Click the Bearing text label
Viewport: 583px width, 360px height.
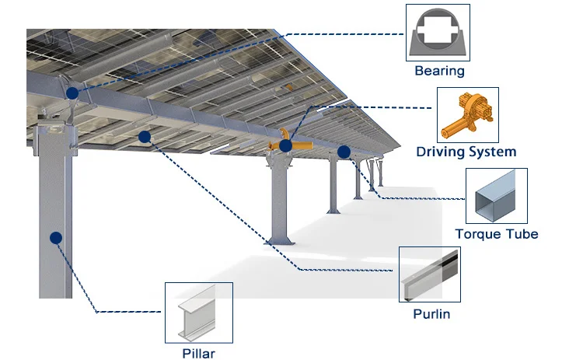pyautogui.click(x=439, y=72)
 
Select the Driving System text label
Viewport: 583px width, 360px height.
pyautogui.click(x=466, y=152)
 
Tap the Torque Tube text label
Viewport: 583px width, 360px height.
pyautogui.click(x=497, y=234)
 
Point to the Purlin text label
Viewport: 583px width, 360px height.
pyautogui.click(x=431, y=314)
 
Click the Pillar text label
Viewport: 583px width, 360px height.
pyautogui.click(x=198, y=354)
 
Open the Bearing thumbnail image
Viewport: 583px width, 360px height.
pyautogui.click(x=438, y=33)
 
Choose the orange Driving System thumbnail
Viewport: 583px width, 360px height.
pyautogui.click(x=467, y=114)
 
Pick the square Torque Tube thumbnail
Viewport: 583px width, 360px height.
pyautogui.click(x=496, y=196)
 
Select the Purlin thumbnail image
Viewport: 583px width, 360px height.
pyautogui.click(x=430, y=275)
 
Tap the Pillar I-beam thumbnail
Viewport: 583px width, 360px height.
pyautogui.click(x=198, y=313)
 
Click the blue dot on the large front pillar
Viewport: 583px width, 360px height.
pyautogui.click(x=55, y=239)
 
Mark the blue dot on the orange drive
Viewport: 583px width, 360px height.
pyautogui.click(x=286, y=145)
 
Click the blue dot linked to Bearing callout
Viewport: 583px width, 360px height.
pyautogui.click(x=72, y=93)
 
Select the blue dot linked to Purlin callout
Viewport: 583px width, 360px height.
pyautogui.click(x=144, y=137)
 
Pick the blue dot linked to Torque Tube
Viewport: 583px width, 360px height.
pyautogui.click(x=344, y=152)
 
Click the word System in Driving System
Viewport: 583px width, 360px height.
pyautogui.click(x=492, y=152)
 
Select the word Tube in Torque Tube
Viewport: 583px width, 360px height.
pyautogui.click(x=522, y=234)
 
